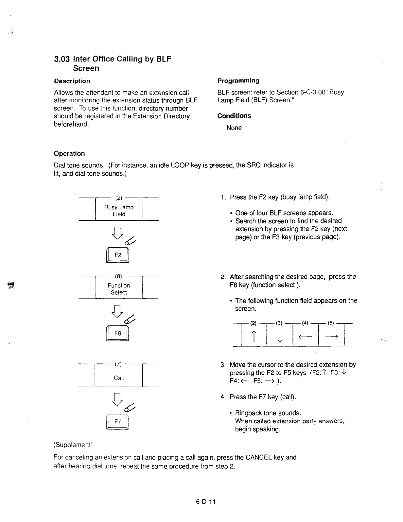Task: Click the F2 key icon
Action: coord(118,255)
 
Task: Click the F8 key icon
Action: coord(118,333)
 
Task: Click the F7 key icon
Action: coord(117,422)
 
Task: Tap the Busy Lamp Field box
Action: coord(119,211)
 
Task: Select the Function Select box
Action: coord(119,289)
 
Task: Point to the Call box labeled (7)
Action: coord(119,378)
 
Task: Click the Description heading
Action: coord(72,81)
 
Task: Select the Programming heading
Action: coord(238,80)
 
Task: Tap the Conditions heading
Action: coord(234,116)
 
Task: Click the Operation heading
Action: coord(69,153)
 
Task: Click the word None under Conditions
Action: coord(234,128)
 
